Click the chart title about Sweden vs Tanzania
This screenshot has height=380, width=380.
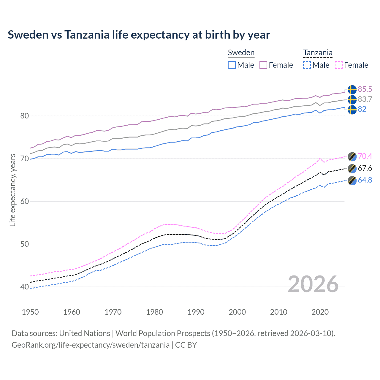click(139, 35)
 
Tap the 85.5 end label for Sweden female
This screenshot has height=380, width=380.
click(365, 89)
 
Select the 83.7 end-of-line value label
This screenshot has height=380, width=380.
click(365, 99)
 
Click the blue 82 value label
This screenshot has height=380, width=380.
click(362, 109)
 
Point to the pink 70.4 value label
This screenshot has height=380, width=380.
click(365, 156)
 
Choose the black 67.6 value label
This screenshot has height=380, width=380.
click(365, 168)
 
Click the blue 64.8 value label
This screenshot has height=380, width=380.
click(365, 180)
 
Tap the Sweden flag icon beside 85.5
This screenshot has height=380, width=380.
click(352, 89)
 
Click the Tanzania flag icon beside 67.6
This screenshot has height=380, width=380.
click(352, 169)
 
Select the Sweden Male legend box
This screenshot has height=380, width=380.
click(232, 65)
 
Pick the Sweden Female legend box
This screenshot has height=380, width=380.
click(263, 65)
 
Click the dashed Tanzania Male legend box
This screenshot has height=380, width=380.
click(307, 65)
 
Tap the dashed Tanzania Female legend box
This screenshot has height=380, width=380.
click(339, 65)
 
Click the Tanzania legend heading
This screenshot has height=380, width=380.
click(318, 53)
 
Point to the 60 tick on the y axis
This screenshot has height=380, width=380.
click(25, 201)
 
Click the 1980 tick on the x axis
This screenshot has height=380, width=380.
click(154, 312)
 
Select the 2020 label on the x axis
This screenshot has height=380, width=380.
click(320, 312)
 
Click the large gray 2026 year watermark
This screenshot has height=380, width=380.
click(313, 284)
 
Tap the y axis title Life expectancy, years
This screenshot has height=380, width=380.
click(13, 190)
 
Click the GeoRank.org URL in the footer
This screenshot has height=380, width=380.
click(91, 345)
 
